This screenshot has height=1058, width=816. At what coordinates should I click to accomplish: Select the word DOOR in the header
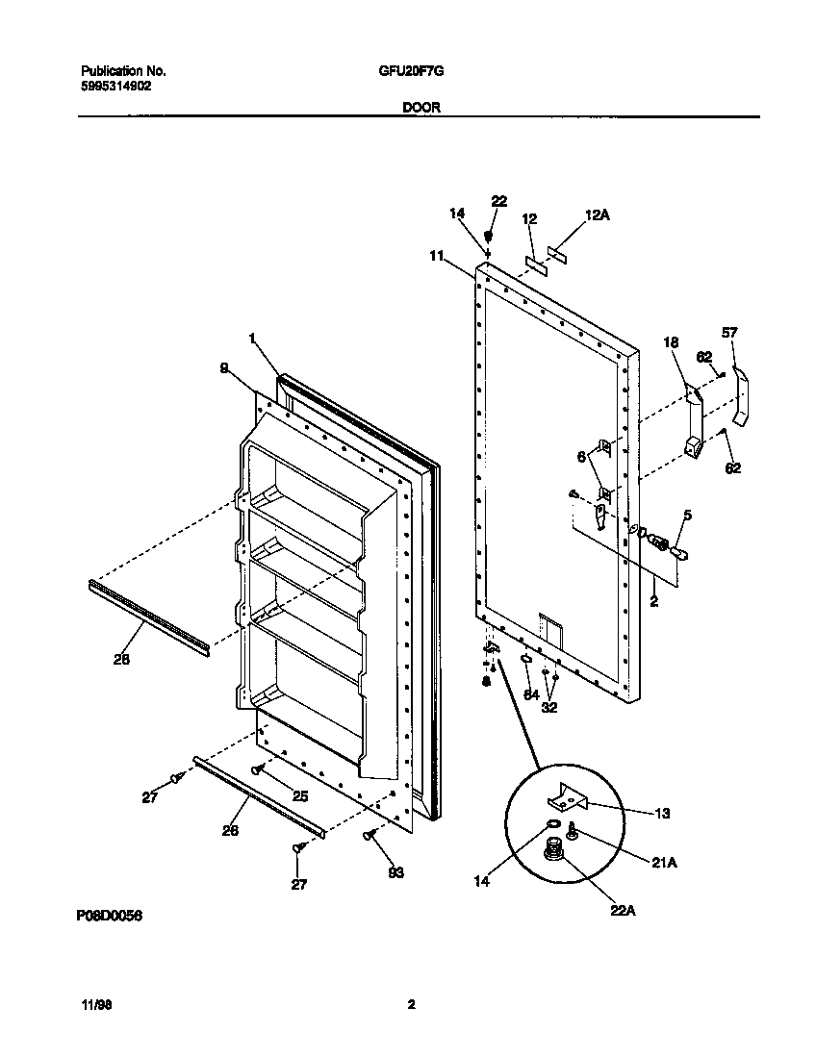click(421, 109)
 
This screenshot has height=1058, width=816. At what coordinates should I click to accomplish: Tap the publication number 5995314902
click(115, 86)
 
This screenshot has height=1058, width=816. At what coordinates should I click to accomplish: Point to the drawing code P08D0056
click(109, 917)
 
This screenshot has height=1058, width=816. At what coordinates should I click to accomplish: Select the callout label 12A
click(598, 216)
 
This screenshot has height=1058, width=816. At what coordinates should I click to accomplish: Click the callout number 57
click(729, 332)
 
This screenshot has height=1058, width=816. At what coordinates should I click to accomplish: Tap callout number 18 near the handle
click(670, 342)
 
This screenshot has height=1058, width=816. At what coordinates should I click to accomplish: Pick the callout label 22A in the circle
click(622, 910)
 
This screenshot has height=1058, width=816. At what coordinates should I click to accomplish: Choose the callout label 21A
click(665, 863)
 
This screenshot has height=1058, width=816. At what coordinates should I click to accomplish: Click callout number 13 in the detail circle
click(662, 813)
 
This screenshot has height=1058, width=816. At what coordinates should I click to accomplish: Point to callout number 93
click(395, 872)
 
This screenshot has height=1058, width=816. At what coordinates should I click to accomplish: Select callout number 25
click(299, 795)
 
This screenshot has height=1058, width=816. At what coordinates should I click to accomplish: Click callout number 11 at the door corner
click(437, 256)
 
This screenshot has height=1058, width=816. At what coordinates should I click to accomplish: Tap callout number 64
click(530, 694)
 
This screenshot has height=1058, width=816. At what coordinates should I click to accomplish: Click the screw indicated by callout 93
click(370, 837)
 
